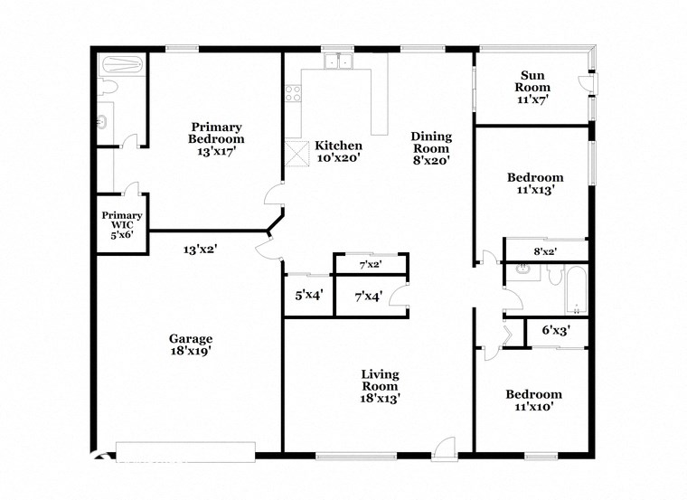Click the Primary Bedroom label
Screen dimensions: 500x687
point(216,139)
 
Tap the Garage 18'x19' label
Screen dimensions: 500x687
point(190,344)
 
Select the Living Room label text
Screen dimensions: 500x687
point(380,385)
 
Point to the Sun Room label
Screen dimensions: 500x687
point(533,87)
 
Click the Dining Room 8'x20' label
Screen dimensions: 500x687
point(431,147)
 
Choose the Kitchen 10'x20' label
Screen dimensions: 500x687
point(338,152)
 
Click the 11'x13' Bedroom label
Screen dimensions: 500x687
point(534,184)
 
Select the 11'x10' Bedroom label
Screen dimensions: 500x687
point(533,401)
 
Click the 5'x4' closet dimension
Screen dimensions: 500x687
point(309,295)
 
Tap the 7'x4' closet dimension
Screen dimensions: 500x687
point(368,295)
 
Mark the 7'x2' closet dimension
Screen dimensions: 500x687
point(370,265)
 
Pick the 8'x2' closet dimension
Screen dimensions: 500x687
point(545,251)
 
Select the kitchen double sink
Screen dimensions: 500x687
point(340,62)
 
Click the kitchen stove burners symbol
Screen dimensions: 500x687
point(293,92)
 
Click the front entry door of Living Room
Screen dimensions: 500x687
point(443,447)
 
